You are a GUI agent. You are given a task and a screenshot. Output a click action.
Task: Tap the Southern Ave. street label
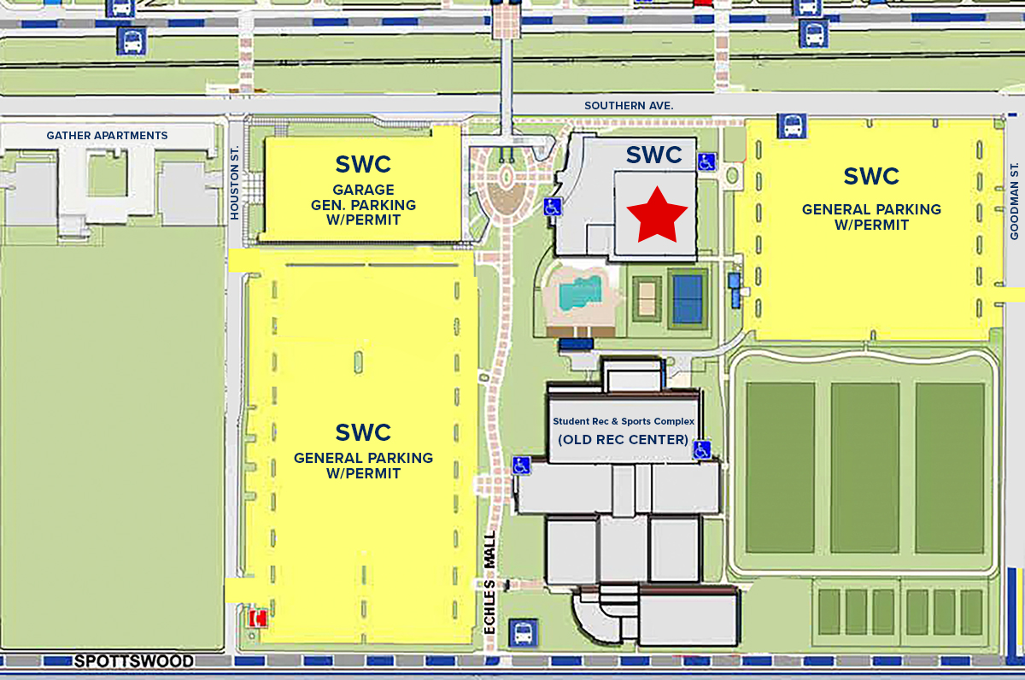629,105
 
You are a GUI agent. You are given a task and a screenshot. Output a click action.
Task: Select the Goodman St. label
1015,201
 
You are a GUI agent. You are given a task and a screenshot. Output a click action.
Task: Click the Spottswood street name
133,661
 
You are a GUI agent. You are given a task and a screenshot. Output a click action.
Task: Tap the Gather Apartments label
107,136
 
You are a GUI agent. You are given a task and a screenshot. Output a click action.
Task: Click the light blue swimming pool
577,295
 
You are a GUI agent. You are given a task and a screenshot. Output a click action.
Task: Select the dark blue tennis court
687,297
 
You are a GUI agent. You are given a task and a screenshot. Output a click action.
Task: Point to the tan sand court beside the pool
647,298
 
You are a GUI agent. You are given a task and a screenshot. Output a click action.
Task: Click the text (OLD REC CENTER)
623,440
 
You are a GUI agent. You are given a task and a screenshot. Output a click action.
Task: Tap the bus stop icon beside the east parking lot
789,126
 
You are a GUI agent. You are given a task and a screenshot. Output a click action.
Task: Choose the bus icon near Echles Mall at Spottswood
524,633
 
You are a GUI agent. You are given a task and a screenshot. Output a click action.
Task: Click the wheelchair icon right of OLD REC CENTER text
701,449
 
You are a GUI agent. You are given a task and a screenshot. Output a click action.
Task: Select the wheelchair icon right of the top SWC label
706,161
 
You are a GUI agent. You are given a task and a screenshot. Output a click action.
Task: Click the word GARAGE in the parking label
363,190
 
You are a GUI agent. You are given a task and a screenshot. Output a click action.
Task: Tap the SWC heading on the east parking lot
871,177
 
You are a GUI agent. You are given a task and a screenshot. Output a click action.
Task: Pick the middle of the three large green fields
864,467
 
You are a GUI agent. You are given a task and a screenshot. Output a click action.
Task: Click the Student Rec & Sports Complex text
624,421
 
